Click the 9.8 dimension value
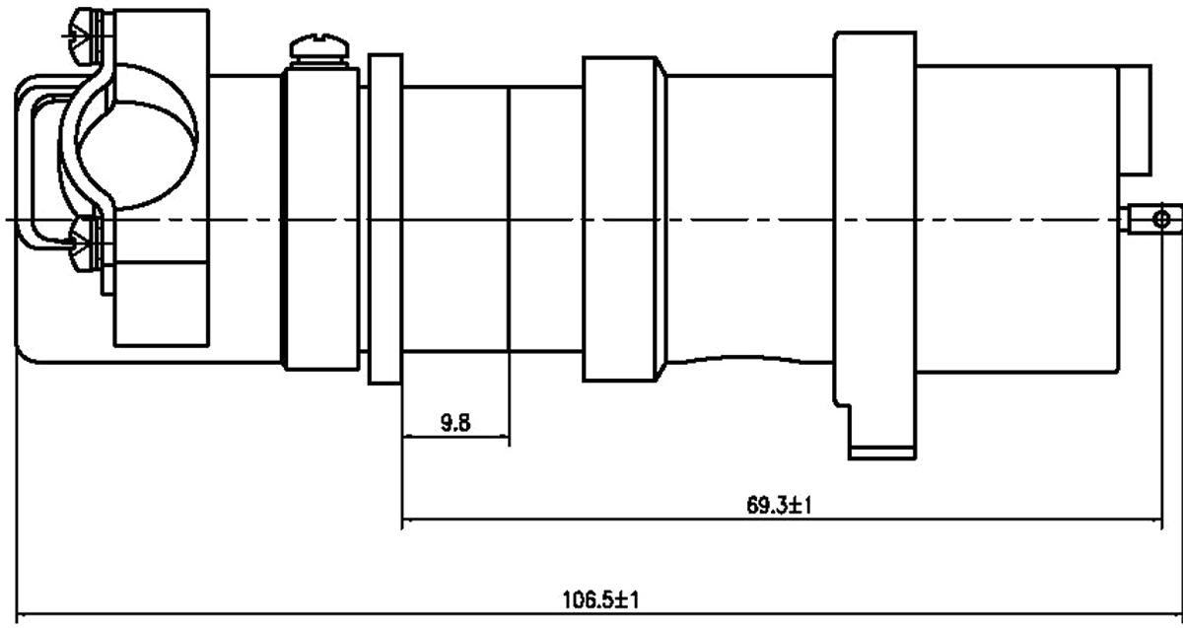pos(455,425)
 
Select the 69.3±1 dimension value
pos(779,507)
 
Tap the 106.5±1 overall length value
pos(603,599)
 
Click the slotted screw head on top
pos(320,45)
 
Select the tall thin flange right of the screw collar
pos(384,217)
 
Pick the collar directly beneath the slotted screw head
pos(320,217)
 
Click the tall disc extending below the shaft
pos(883,246)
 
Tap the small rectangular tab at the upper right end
pos(1137,118)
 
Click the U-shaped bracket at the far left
pos(30,158)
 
